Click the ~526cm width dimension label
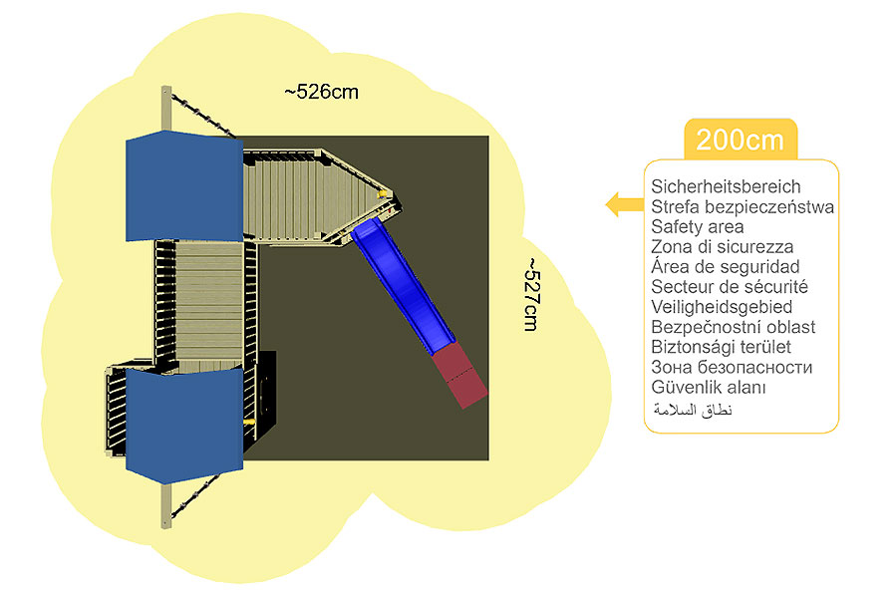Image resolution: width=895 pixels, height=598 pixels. click(x=321, y=92)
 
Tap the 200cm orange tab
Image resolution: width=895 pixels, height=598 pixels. click(x=740, y=140)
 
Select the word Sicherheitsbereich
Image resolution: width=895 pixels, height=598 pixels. click(x=726, y=186)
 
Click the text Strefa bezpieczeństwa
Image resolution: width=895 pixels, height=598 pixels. click(x=743, y=207)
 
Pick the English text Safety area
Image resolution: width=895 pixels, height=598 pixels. click(x=698, y=227)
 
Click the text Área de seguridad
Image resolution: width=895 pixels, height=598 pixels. click(x=725, y=267)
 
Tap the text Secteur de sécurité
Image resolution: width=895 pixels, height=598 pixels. click(x=729, y=287)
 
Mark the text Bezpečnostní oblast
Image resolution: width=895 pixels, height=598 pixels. click(x=733, y=327)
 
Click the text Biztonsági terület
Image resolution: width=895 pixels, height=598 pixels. click(x=721, y=347)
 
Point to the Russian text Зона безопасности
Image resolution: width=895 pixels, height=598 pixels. click(x=732, y=367)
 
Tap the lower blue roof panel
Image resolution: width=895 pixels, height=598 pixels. click(x=184, y=419)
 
